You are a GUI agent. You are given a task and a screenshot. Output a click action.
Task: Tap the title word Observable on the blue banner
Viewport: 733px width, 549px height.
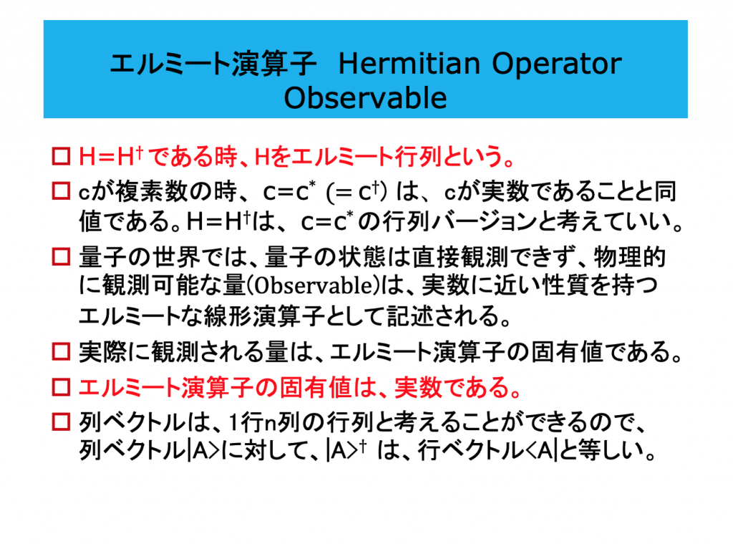[366, 98]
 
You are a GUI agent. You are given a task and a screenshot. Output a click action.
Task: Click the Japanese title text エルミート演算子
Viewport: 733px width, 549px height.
[213, 64]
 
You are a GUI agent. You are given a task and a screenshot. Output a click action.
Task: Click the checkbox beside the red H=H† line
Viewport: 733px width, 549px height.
[61, 156]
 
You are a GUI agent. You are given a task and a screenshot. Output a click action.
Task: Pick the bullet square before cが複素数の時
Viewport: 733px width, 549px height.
[61, 191]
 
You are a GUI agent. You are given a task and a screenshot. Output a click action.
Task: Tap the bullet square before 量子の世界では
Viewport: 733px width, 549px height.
[61, 257]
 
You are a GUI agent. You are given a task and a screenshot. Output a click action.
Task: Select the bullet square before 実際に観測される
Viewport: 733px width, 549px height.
[61, 351]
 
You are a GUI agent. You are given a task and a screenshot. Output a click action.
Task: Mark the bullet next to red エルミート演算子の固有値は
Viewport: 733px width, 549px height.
[61, 387]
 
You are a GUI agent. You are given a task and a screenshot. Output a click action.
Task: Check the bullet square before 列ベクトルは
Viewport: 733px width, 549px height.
[61, 422]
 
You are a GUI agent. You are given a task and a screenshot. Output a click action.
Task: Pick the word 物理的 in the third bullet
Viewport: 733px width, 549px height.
[630, 257]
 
